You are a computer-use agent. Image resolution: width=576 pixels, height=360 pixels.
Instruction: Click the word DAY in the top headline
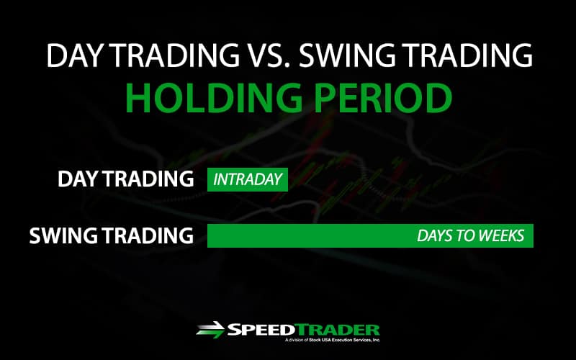pyautogui.click(x=73, y=55)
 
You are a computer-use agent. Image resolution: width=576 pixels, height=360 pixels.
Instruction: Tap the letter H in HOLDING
pyautogui.click(x=138, y=98)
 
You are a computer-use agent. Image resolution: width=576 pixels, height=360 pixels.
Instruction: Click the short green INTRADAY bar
pyautogui.click(x=248, y=179)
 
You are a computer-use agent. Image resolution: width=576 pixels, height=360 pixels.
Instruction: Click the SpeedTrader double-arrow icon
pyautogui.click(x=210, y=330)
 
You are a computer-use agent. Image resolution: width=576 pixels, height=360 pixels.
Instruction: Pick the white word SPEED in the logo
pyautogui.click(x=261, y=330)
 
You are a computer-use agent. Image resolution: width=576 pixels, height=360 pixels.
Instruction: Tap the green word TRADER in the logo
pyautogui.click(x=337, y=330)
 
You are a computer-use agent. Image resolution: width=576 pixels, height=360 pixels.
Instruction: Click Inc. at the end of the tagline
pyautogui.click(x=376, y=341)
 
